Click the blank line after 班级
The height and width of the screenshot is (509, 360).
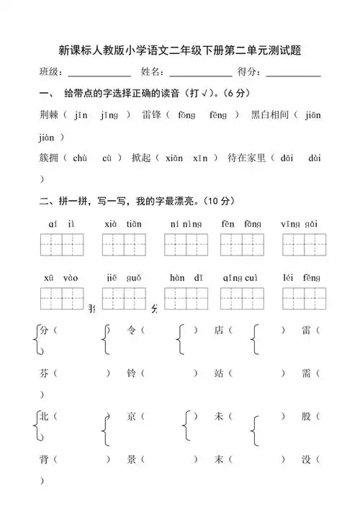point(99,74)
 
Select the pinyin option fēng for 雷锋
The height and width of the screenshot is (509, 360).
point(218,114)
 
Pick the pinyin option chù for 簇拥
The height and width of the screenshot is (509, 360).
point(80,158)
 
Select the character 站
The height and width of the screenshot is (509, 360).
point(219,373)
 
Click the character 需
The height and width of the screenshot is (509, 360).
point(307,373)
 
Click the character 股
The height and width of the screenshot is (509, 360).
point(307,416)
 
